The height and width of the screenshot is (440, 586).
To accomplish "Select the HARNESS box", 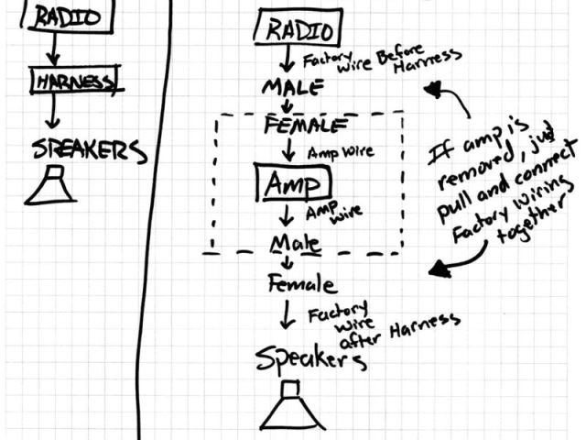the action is [x=74, y=82].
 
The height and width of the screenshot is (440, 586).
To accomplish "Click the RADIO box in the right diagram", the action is [x=299, y=29].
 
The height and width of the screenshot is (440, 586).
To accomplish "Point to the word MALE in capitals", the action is [x=292, y=89].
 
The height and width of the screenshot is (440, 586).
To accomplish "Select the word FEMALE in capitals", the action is [x=304, y=126].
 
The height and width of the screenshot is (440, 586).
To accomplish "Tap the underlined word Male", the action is [x=294, y=245].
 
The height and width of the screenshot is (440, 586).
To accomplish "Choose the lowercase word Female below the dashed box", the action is [x=301, y=284].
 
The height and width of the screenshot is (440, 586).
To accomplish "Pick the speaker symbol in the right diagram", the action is [x=291, y=408].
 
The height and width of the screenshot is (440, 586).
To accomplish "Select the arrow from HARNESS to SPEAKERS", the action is [x=54, y=111].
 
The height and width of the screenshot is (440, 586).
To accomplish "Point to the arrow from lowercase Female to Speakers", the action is [x=287, y=314].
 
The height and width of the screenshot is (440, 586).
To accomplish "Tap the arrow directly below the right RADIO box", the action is [x=286, y=60].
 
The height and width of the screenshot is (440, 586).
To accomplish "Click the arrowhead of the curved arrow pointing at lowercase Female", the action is [x=440, y=269].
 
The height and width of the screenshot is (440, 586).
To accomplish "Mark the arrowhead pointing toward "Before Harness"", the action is [x=433, y=93].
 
